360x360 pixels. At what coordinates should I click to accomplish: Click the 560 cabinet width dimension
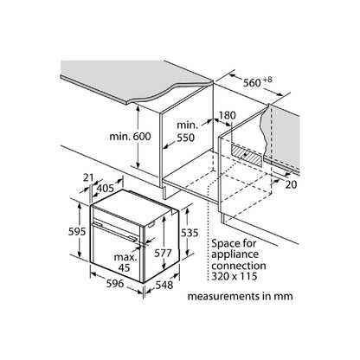(x=252, y=83)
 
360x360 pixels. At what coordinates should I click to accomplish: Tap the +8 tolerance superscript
(x=267, y=80)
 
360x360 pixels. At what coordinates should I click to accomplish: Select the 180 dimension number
(x=228, y=115)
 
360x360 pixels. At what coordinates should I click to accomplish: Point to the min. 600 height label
(x=130, y=136)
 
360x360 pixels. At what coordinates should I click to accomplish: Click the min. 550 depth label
(x=186, y=132)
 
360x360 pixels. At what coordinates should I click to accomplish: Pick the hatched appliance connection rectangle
(x=247, y=155)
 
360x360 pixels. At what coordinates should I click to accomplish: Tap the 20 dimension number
(x=291, y=184)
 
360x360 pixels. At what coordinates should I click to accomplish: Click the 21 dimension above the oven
(x=88, y=177)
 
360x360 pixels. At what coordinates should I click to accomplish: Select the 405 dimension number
(x=106, y=189)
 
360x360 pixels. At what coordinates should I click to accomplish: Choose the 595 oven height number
(x=77, y=231)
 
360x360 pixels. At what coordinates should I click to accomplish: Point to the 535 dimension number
(x=190, y=233)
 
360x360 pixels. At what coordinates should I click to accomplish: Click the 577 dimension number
(x=163, y=253)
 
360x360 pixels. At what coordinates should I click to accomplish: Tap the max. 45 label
(x=125, y=262)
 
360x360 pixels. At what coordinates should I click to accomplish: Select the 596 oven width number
(x=115, y=283)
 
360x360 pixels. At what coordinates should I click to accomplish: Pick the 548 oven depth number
(x=164, y=285)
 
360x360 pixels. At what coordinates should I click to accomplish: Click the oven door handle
(x=115, y=232)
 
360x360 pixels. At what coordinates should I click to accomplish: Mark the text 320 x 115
(x=234, y=276)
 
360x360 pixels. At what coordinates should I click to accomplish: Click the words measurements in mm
(x=240, y=296)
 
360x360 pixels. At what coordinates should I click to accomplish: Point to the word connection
(x=239, y=266)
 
